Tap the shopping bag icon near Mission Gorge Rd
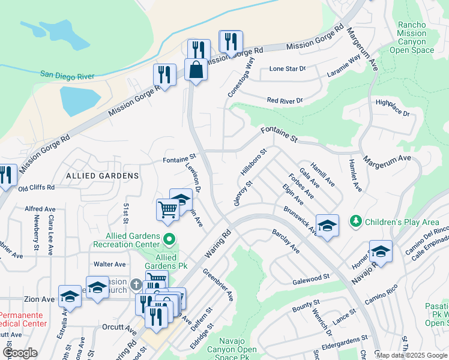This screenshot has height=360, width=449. (x=196, y=70)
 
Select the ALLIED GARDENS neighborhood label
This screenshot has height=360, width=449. (x=103, y=176)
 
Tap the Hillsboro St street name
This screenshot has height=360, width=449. (x=253, y=162)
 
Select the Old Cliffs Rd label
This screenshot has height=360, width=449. (x=37, y=188)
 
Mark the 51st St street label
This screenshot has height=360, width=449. (x=127, y=212)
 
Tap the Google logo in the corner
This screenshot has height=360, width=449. (x=20, y=353)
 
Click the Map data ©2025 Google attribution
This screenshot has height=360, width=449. (x=411, y=355)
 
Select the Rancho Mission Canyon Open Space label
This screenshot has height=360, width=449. (x=411, y=38)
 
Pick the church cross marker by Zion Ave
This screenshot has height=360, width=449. (x=136, y=284)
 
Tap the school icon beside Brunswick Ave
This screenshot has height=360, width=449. (x=327, y=226)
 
